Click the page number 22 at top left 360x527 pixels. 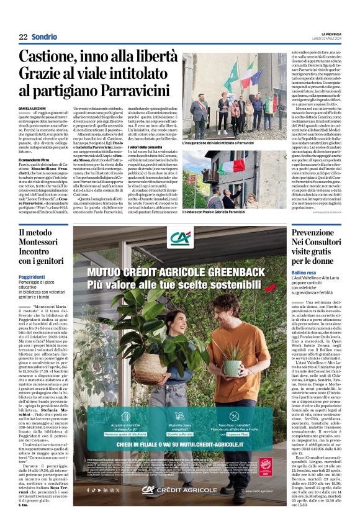pyautogui.click(x=23, y=37)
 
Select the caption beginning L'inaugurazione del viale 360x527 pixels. pyautogui.click(x=218, y=143)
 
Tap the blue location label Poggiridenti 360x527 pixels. pyautogui.click(x=32, y=277)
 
